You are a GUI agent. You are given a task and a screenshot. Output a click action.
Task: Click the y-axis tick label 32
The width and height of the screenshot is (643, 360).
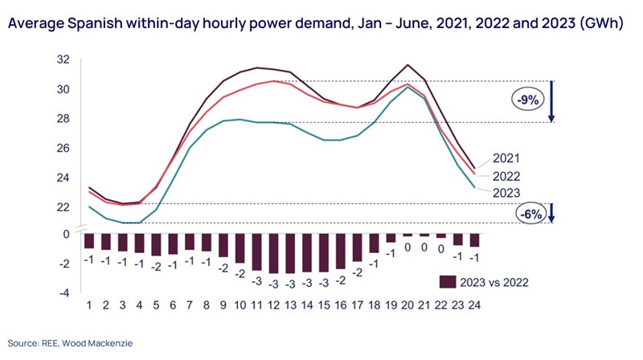[x=63, y=59]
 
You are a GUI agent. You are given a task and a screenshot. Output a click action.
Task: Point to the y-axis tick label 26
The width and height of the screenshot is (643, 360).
[x=63, y=148]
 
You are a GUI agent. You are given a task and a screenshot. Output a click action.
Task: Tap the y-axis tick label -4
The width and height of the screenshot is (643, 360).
[x=64, y=293]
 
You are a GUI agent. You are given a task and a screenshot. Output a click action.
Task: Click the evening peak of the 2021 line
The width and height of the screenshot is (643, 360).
[x=409, y=65]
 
